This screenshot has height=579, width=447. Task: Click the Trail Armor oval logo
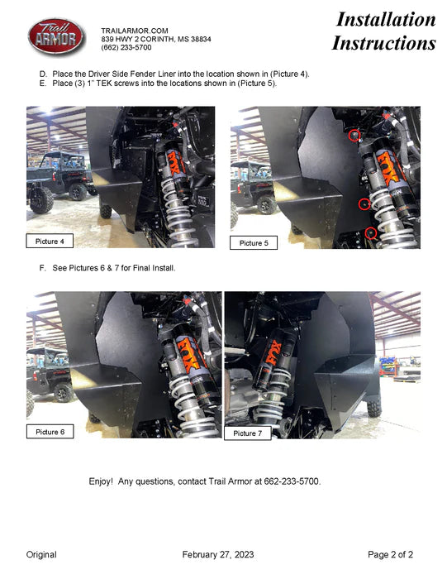coord(56,36)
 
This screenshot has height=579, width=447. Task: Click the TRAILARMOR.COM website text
coord(135,31)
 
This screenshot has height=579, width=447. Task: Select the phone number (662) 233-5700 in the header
coord(126,47)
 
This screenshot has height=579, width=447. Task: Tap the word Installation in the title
coord(386,19)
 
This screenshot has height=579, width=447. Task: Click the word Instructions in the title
coord(384,43)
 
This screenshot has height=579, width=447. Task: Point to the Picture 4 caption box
coord(50,241)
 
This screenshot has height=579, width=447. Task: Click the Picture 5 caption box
coord(254,242)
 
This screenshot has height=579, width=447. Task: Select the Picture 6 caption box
coord(50,431)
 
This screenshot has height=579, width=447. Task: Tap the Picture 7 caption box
coord(248,433)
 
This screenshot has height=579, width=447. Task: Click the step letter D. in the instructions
coord(43,74)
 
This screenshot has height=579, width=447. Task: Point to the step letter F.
coord(42,268)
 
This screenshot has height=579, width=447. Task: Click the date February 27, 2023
coord(218,554)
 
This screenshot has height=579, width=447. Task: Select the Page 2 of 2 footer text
coord(390,554)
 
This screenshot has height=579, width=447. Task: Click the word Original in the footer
coord(41,554)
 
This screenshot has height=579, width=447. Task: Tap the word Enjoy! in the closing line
coord(101,481)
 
